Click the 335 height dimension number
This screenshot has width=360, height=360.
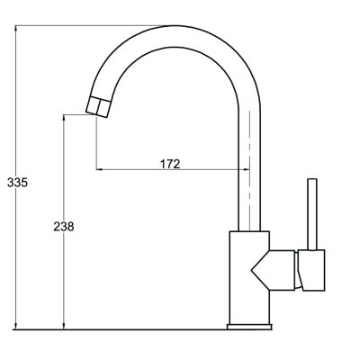click(x=17, y=183)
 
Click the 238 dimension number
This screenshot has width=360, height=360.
click(x=64, y=227)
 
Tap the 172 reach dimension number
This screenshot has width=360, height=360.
click(x=170, y=164)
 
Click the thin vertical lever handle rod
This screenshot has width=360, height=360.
click(x=312, y=215)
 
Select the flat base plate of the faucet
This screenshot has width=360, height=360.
click(x=249, y=327)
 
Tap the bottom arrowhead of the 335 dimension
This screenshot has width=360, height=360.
click(x=16, y=326)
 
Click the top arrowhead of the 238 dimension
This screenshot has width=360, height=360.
click(x=64, y=118)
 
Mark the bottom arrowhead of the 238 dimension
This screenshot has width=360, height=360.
click(x=64, y=326)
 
